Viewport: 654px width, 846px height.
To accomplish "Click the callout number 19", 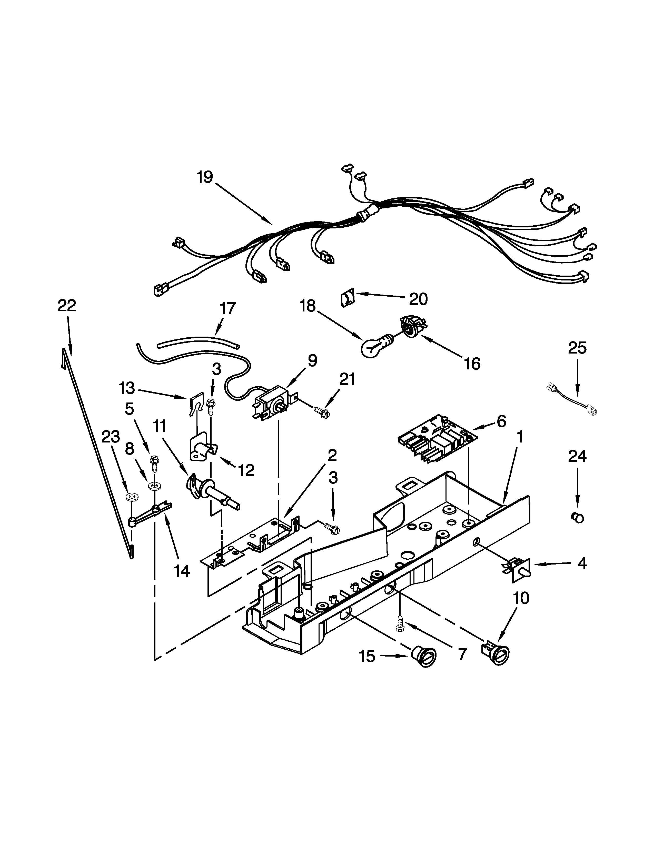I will [x=205, y=177].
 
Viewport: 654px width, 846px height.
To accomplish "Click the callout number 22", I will [x=67, y=306].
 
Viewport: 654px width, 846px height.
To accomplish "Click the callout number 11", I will [x=160, y=426].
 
